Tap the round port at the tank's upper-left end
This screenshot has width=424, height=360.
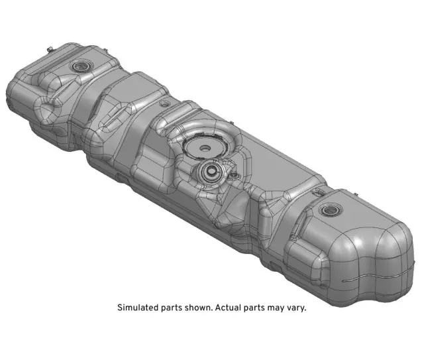click(x=81, y=66)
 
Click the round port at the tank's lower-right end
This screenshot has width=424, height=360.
click(x=329, y=211)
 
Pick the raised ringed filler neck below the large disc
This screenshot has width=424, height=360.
click(x=211, y=172)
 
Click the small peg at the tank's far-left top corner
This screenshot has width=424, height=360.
click(x=50, y=48)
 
